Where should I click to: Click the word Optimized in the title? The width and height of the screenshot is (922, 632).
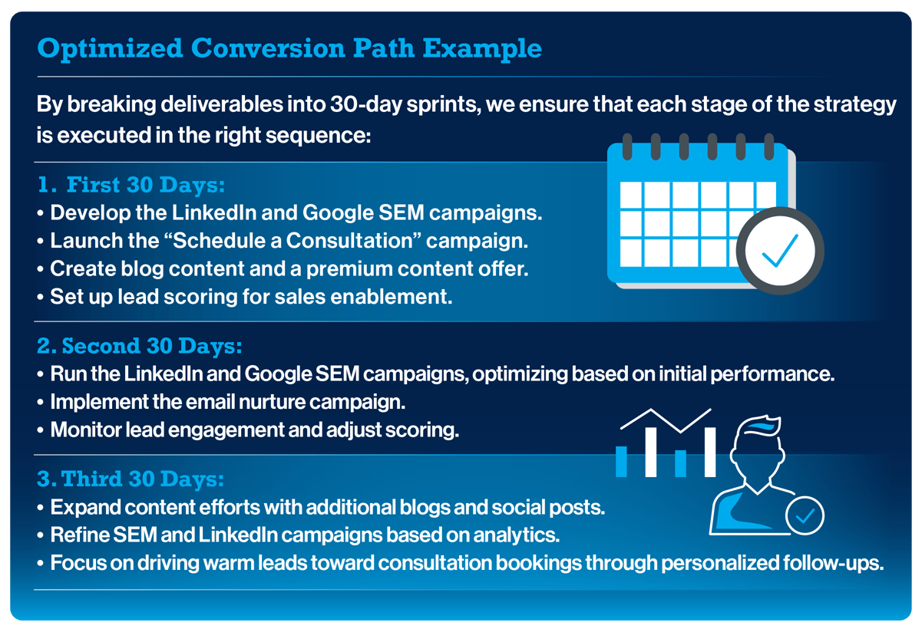(x=110, y=49)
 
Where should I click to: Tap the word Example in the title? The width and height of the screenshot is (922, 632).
(x=482, y=49)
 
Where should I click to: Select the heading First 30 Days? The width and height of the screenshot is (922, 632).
(x=146, y=185)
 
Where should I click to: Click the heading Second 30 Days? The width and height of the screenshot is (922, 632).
(x=151, y=346)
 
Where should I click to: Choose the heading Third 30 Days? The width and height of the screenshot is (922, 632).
(x=143, y=479)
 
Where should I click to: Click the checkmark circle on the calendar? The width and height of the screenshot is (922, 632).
(x=779, y=251)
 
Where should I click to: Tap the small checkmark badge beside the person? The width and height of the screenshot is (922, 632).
(x=805, y=515)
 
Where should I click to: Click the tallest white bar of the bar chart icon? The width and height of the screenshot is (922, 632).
(x=710, y=452)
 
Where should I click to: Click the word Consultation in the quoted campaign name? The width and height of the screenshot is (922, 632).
(x=349, y=241)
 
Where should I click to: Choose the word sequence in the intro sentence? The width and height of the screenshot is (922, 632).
(x=318, y=136)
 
